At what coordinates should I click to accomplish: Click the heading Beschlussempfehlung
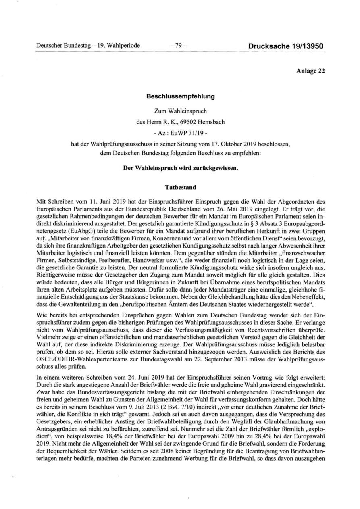pyautogui.click(x=180, y=97)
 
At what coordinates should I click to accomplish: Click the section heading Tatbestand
pyautogui.click(x=180, y=187)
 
